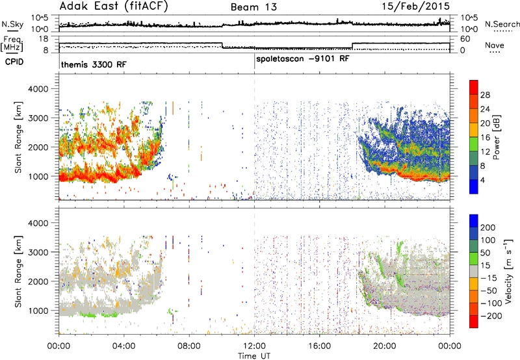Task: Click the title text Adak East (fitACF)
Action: point(114,6)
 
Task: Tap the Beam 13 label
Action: point(253,7)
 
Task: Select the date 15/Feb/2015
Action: point(415,6)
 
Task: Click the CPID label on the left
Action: point(14,62)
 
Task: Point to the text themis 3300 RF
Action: point(94,64)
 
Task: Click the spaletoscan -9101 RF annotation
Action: point(303,59)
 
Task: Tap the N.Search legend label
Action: point(502,24)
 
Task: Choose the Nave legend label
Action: point(495,45)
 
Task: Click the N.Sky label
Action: point(12,24)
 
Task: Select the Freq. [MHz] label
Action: point(12,44)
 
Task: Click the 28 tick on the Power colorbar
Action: point(485,95)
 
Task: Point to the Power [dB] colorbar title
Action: point(497,137)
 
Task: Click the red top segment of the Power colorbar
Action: point(474,87)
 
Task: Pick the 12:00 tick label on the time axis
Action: point(254,346)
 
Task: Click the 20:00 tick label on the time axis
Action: point(385,346)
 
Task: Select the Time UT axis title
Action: point(254,356)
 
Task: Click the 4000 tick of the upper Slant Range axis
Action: point(38,89)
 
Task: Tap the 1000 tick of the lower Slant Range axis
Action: point(38,311)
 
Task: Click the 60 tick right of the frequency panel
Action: point(465,39)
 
